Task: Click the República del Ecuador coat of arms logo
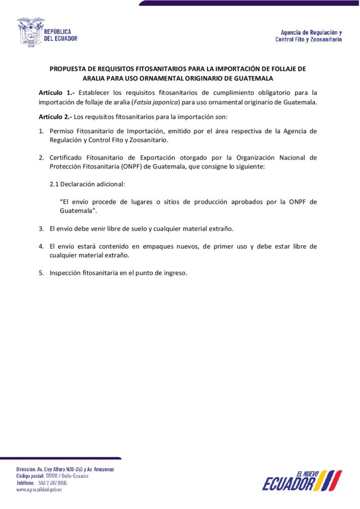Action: [x=31, y=32]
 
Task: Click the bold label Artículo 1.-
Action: [x=57, y=92]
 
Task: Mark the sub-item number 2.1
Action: [x=54, y=184]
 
